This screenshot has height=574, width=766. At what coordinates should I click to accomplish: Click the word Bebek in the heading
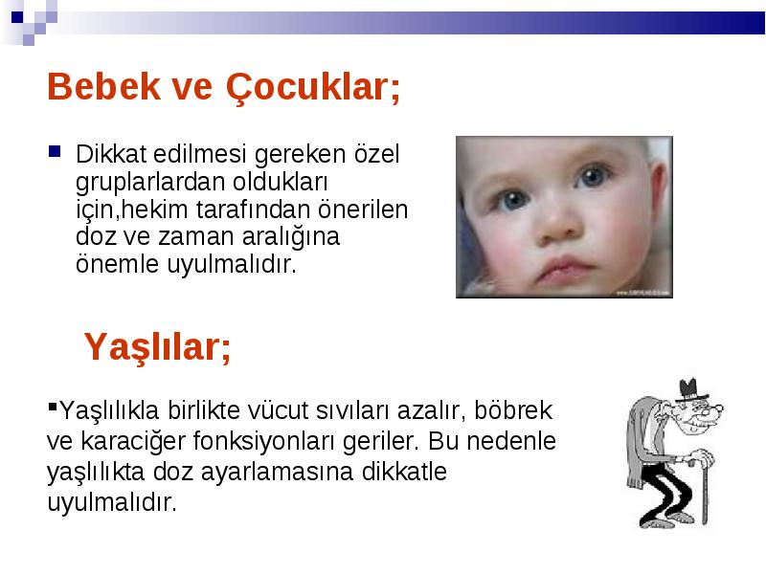103,87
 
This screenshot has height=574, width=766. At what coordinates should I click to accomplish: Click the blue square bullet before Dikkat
55,151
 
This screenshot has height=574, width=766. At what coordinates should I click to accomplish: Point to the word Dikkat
111,154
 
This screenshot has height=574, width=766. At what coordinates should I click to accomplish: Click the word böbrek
513,410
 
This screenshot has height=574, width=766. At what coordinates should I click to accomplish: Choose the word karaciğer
133,442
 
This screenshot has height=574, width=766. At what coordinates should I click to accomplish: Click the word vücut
277,410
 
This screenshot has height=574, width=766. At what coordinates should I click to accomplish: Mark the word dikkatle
404,472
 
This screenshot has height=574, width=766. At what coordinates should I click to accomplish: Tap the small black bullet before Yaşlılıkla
53,406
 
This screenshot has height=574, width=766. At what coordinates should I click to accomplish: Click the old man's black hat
690,390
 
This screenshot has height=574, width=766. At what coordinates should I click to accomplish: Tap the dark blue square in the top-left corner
17,17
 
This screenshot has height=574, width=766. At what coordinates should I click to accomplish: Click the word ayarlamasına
277,473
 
